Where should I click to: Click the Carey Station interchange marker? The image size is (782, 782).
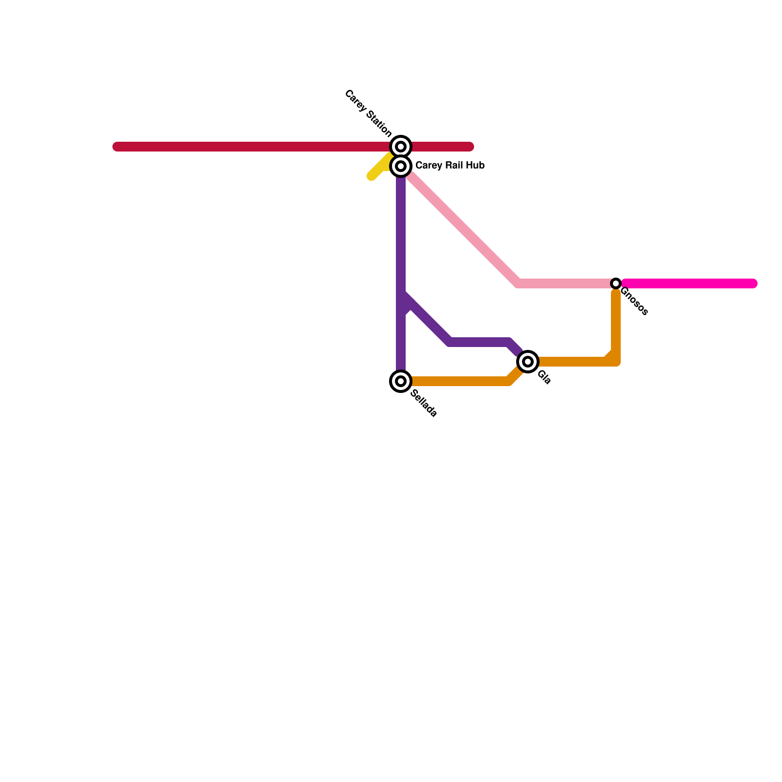point(401,146)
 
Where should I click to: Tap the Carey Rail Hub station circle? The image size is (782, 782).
point(401,166)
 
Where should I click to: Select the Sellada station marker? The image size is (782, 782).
point(401,381)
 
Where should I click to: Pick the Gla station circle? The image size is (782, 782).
point(528,362)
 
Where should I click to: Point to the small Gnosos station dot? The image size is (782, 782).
point(616,283)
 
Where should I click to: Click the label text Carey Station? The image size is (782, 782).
point(368,113)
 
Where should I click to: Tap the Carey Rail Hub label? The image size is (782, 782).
point(450,166)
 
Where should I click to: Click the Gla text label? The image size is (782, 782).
point(544,377)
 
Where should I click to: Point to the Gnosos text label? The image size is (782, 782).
point(634,301)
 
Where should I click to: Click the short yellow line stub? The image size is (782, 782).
point(379,169)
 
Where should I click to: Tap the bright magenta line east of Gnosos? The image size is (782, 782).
point(689,283)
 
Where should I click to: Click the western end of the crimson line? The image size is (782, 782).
point(117,147)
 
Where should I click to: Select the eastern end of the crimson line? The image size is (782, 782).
point(470,147)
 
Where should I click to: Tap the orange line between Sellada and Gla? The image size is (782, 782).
point(459,381)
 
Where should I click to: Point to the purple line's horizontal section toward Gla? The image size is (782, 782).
point(479,342)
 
